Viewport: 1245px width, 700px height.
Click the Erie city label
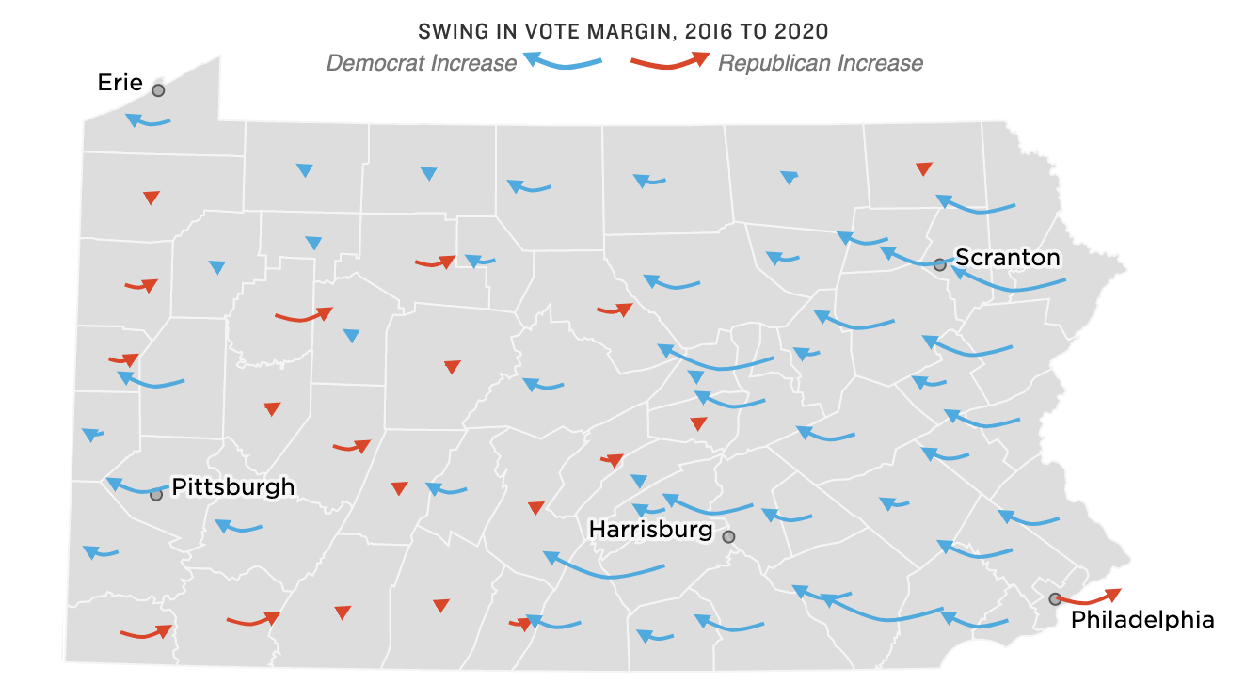point(120,83)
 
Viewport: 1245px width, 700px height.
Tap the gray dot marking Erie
point(158,90)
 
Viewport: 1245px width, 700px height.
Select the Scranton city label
point(1007,258)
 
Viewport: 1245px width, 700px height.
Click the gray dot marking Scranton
point(939,264)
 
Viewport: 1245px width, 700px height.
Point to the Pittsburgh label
point(232,487)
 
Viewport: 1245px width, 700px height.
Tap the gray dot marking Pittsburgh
point(156,494)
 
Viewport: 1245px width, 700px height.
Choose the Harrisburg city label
point(650,530)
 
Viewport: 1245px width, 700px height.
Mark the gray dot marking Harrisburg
point(728,536)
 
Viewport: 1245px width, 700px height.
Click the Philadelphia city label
point(1142,620)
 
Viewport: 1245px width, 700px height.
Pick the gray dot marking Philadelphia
point(1055,598)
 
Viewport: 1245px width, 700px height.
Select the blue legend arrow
point(562,62)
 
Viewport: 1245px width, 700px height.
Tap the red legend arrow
point(670,62)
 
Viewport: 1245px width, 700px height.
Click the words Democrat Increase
point(421,63)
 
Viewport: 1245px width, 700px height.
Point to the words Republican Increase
point(820,63)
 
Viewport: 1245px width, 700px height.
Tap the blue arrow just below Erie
point(148,120)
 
